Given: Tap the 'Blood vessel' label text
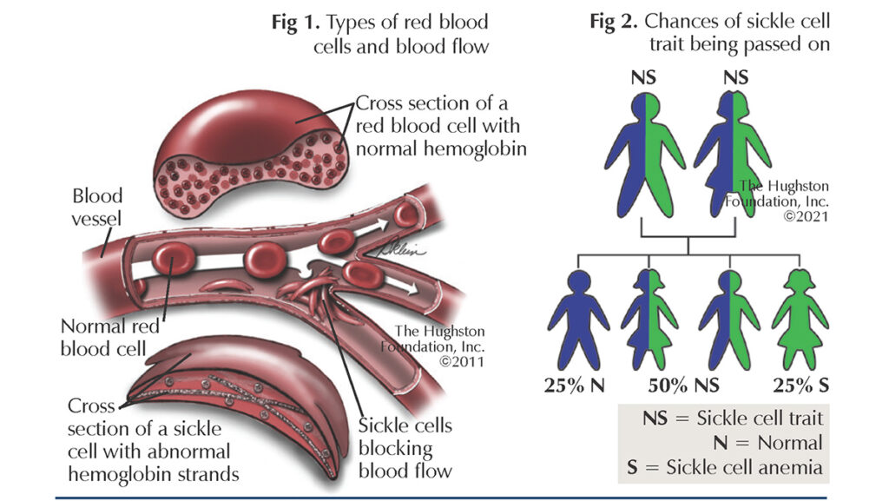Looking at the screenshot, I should (97, 208).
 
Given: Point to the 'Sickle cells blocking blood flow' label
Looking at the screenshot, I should (405, 448).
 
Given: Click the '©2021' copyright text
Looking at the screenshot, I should (807, 215).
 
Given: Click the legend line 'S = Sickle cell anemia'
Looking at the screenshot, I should (724, 467).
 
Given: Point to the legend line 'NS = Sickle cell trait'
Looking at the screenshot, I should (733, 419).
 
